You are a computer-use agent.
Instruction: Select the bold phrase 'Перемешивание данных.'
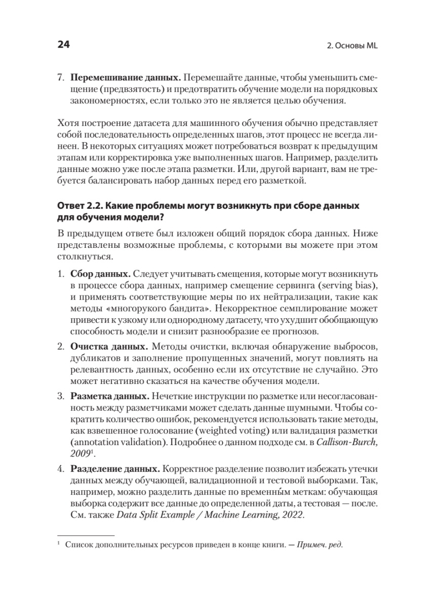point(125,78)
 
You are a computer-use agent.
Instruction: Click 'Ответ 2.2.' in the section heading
point(78,207)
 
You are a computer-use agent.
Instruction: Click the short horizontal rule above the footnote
point(86,535)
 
